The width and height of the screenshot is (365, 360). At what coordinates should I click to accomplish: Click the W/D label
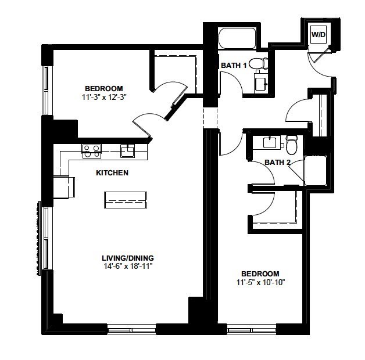coord(318,35)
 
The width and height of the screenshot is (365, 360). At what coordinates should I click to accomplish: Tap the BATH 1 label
coord(234,66)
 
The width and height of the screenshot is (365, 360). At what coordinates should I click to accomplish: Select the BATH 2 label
coord(277,162)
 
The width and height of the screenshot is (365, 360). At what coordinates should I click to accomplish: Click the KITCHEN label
coord(112,173)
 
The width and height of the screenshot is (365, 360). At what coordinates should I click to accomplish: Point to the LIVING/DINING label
coord(128,258)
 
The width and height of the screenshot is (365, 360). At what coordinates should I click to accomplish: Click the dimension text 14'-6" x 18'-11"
coord(128,266)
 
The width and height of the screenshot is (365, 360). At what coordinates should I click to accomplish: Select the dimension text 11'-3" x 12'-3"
coord(104,97)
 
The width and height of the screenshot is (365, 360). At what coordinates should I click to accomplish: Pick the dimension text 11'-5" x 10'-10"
coord(261,282)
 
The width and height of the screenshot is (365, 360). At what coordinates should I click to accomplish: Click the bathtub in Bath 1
coord(237,38)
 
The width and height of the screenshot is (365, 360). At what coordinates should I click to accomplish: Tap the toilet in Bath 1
coord(259,63)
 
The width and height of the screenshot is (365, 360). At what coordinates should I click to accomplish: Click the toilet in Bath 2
coord(291,145)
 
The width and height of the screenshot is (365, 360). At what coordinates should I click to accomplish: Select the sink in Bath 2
coord(270,142)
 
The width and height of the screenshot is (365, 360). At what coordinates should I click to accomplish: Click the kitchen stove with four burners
coord(91,152)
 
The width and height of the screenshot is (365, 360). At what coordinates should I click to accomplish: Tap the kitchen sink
coord(127,151)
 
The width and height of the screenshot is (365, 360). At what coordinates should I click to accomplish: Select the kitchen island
coord(126,200)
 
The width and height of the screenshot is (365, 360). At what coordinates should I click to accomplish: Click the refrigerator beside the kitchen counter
coord(64,188)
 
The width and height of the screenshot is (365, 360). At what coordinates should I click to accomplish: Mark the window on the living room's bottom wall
coord(132,330)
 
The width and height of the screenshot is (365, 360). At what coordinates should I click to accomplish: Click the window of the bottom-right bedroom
coord(252,330)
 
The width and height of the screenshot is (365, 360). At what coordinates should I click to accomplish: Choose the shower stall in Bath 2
coord(316,171)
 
